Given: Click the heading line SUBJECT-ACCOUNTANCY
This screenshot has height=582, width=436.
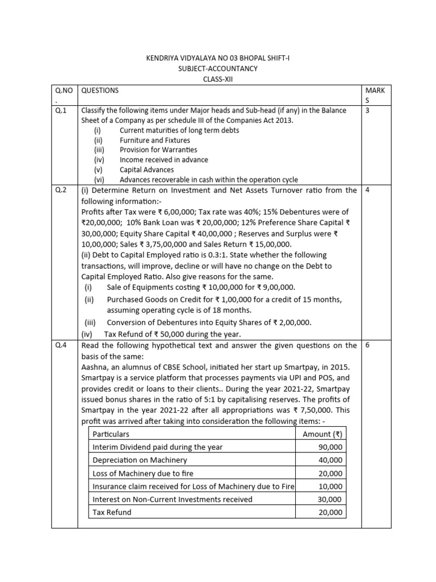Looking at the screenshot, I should click(218, 69).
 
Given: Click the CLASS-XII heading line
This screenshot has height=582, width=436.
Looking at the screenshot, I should click(218, 80).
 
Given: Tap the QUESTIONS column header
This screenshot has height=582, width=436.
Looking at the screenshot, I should click(100, 90).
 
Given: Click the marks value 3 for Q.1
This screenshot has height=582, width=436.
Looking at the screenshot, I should click(368, 111).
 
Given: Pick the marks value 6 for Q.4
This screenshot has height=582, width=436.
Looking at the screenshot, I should click(368, 346).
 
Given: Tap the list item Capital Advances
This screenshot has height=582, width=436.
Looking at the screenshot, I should click(146, 170).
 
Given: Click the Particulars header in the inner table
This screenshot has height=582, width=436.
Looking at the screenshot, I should click(111, 434).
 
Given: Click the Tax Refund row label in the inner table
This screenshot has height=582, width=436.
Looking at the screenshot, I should click(112, 513).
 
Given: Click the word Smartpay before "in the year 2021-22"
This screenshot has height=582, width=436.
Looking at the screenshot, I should click(100, 410).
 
